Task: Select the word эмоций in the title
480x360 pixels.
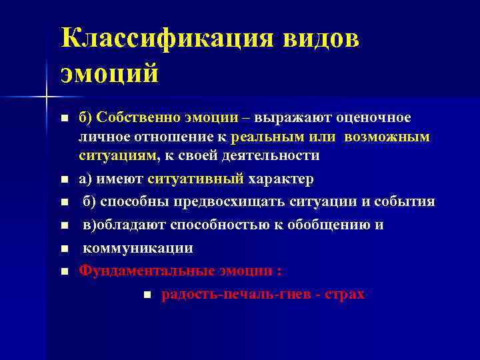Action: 110,73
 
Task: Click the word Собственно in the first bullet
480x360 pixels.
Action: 134,118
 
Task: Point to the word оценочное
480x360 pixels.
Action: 373,118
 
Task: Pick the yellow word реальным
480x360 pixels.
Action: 266,137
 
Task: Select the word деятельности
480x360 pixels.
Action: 271,155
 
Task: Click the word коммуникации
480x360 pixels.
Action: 138,248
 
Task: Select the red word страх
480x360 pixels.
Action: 345,293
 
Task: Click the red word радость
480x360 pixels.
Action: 185,293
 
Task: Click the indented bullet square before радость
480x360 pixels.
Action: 147,294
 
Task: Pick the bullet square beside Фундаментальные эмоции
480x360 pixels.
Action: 64,271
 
